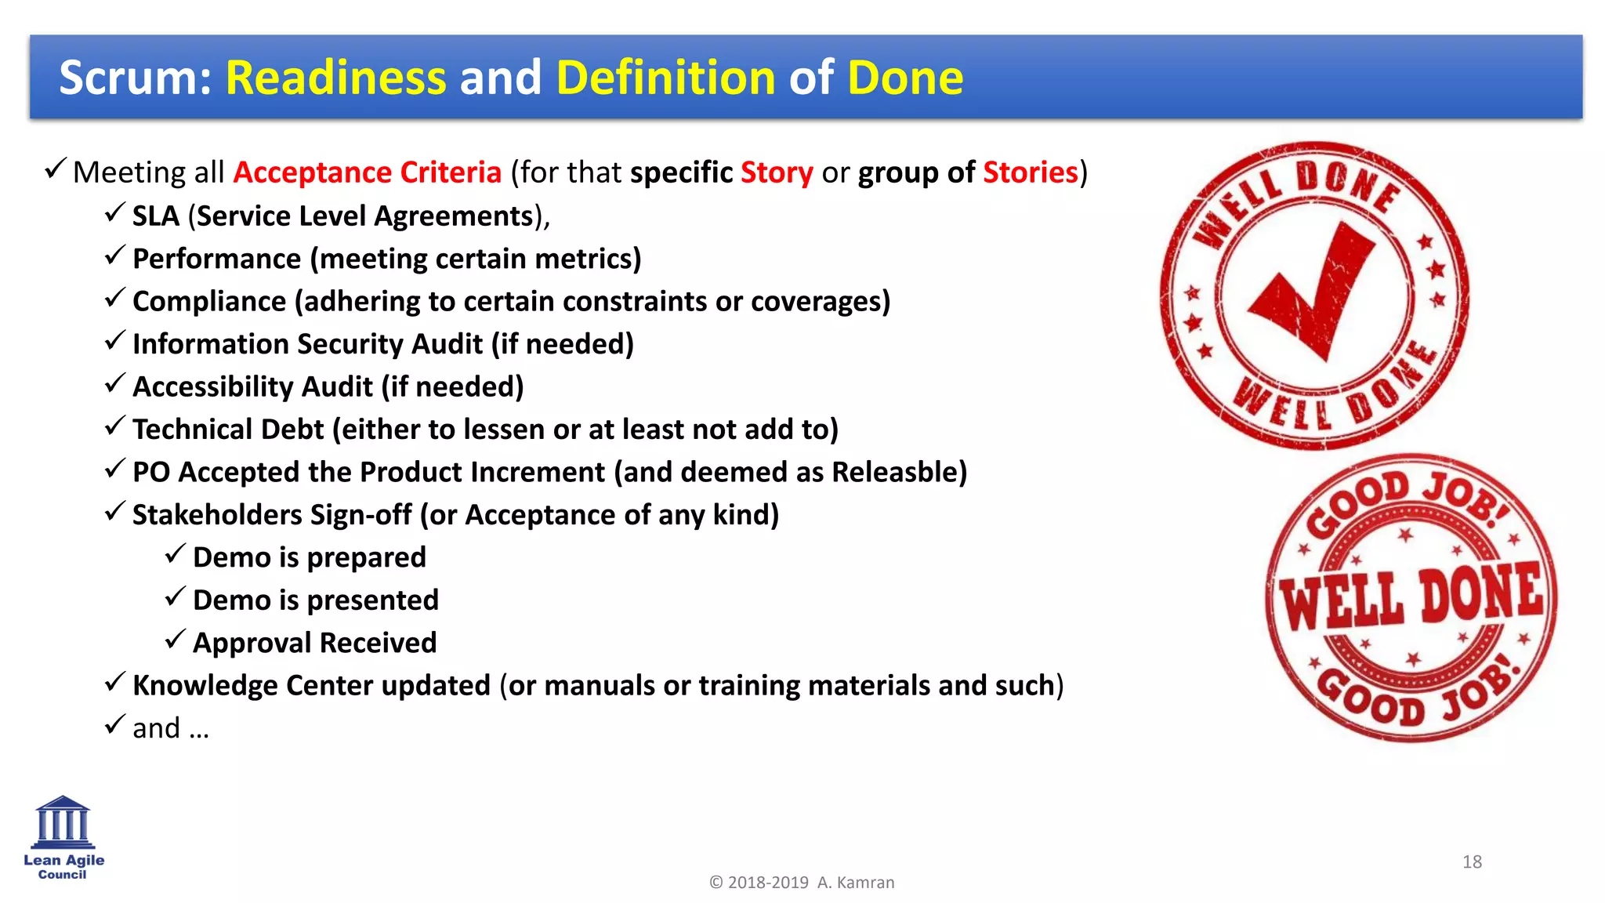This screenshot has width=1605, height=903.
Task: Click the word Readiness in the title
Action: (x=335, y=78)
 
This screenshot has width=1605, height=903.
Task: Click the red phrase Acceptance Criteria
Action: (x=367, y=172)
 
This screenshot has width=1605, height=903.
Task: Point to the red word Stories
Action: (x=1030, y=172)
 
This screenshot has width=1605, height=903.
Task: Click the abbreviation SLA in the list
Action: (x=155, y=216)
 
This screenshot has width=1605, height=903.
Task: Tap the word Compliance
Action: (x=209, y=302)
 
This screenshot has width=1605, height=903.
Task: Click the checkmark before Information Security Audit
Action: (x=114, y=340)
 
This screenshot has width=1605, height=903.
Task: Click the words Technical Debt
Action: (x=227, y=430)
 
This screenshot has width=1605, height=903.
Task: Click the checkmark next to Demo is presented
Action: (x=175, y=597)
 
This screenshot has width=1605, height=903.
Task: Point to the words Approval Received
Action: (x=314, y=643)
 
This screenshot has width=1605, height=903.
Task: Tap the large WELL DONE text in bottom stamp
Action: (x=1411, y=600)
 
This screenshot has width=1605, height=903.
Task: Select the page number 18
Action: (x=1472, y=862)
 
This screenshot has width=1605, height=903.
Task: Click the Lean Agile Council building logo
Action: (x=63, y=823)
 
